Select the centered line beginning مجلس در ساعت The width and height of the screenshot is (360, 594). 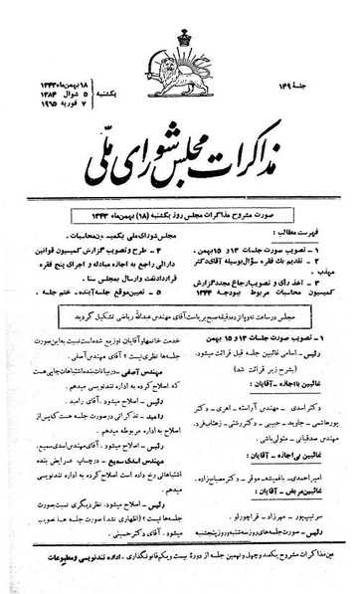[x=178, y=255]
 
